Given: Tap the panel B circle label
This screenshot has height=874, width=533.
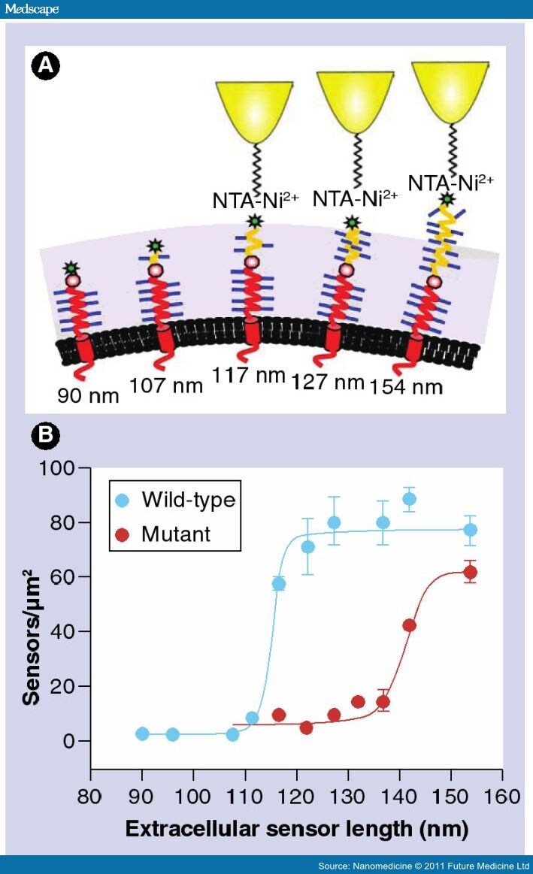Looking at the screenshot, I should (x=45, y=436).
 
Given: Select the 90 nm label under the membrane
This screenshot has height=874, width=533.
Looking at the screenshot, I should (x=88, y=395).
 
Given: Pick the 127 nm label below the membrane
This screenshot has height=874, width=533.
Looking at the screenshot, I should (x=328, y=382).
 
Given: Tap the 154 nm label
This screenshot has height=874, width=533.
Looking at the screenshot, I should (x=406, y=386).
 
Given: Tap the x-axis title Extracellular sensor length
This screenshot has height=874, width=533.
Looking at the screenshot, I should (x=296, y=829).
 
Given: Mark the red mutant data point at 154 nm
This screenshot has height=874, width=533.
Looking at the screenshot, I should (x=471, y=573).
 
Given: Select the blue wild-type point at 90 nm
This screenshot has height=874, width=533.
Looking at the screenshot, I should (x=142, y=733).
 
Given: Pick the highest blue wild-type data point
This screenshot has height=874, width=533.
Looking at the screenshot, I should (x=410, y=499).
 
